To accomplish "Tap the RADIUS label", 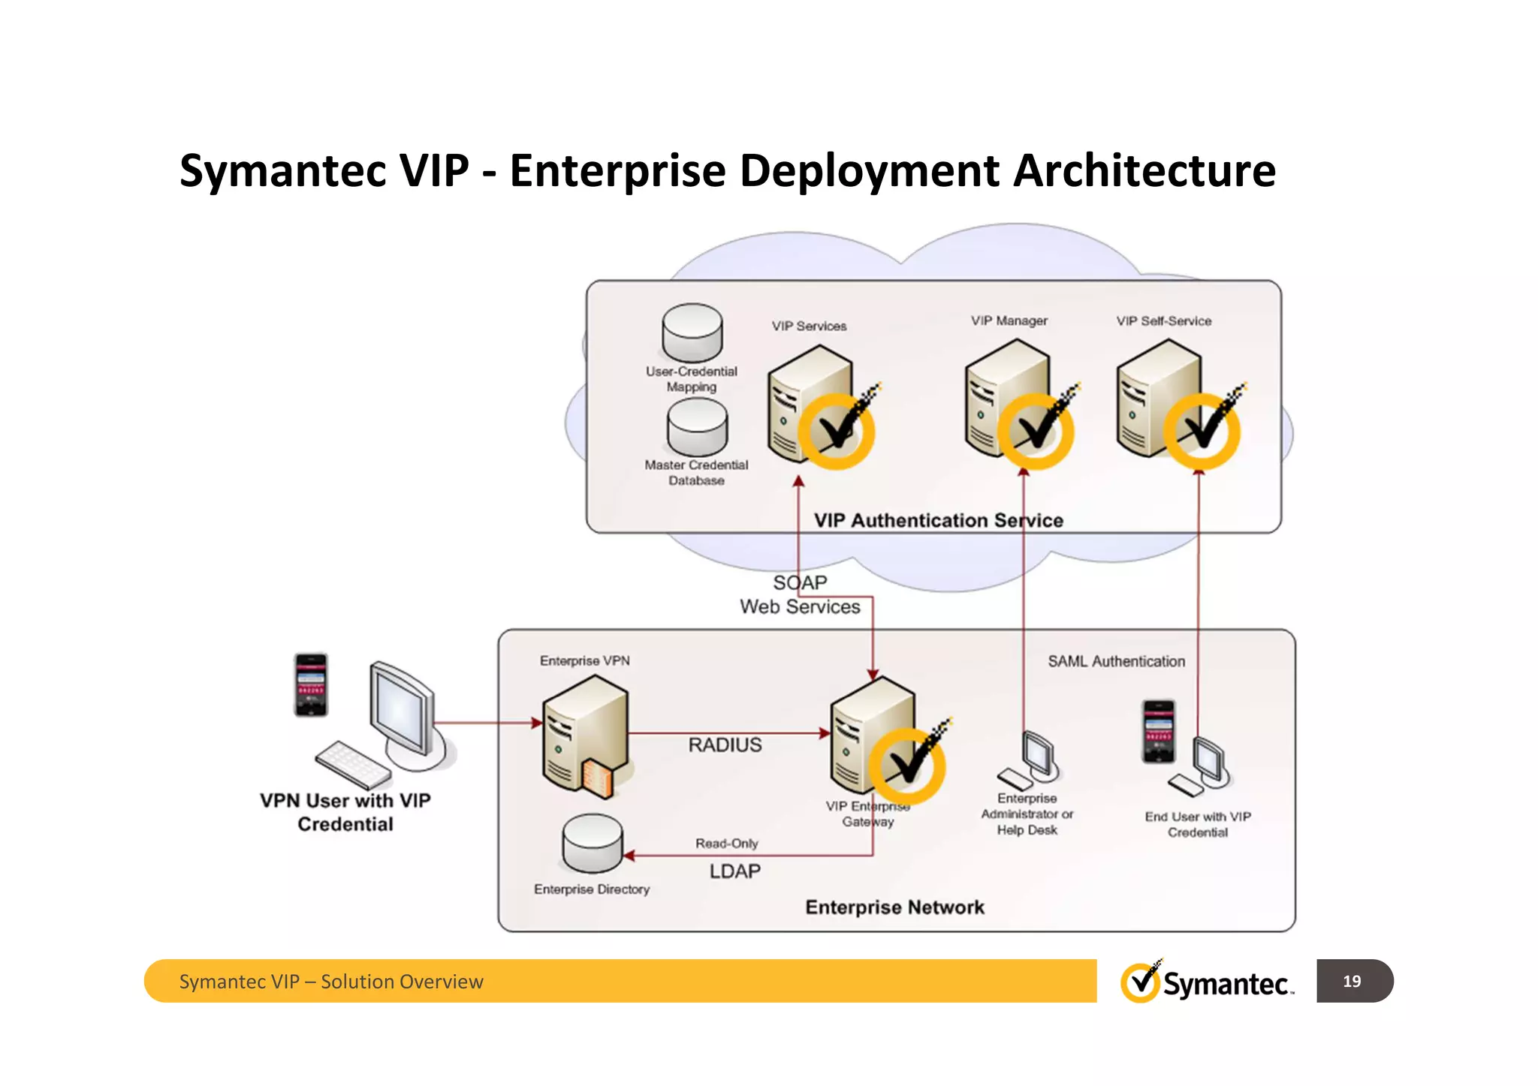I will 725,745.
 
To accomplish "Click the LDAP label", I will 734,871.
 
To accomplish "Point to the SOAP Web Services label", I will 800,595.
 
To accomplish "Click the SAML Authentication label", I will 1116,661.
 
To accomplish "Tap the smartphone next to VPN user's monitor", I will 310,685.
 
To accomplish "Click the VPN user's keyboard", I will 352,765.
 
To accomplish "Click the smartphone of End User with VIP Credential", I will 1158,732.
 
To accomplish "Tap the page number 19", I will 1352,981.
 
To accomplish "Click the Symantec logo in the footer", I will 1206,982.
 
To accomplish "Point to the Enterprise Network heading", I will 894,907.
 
